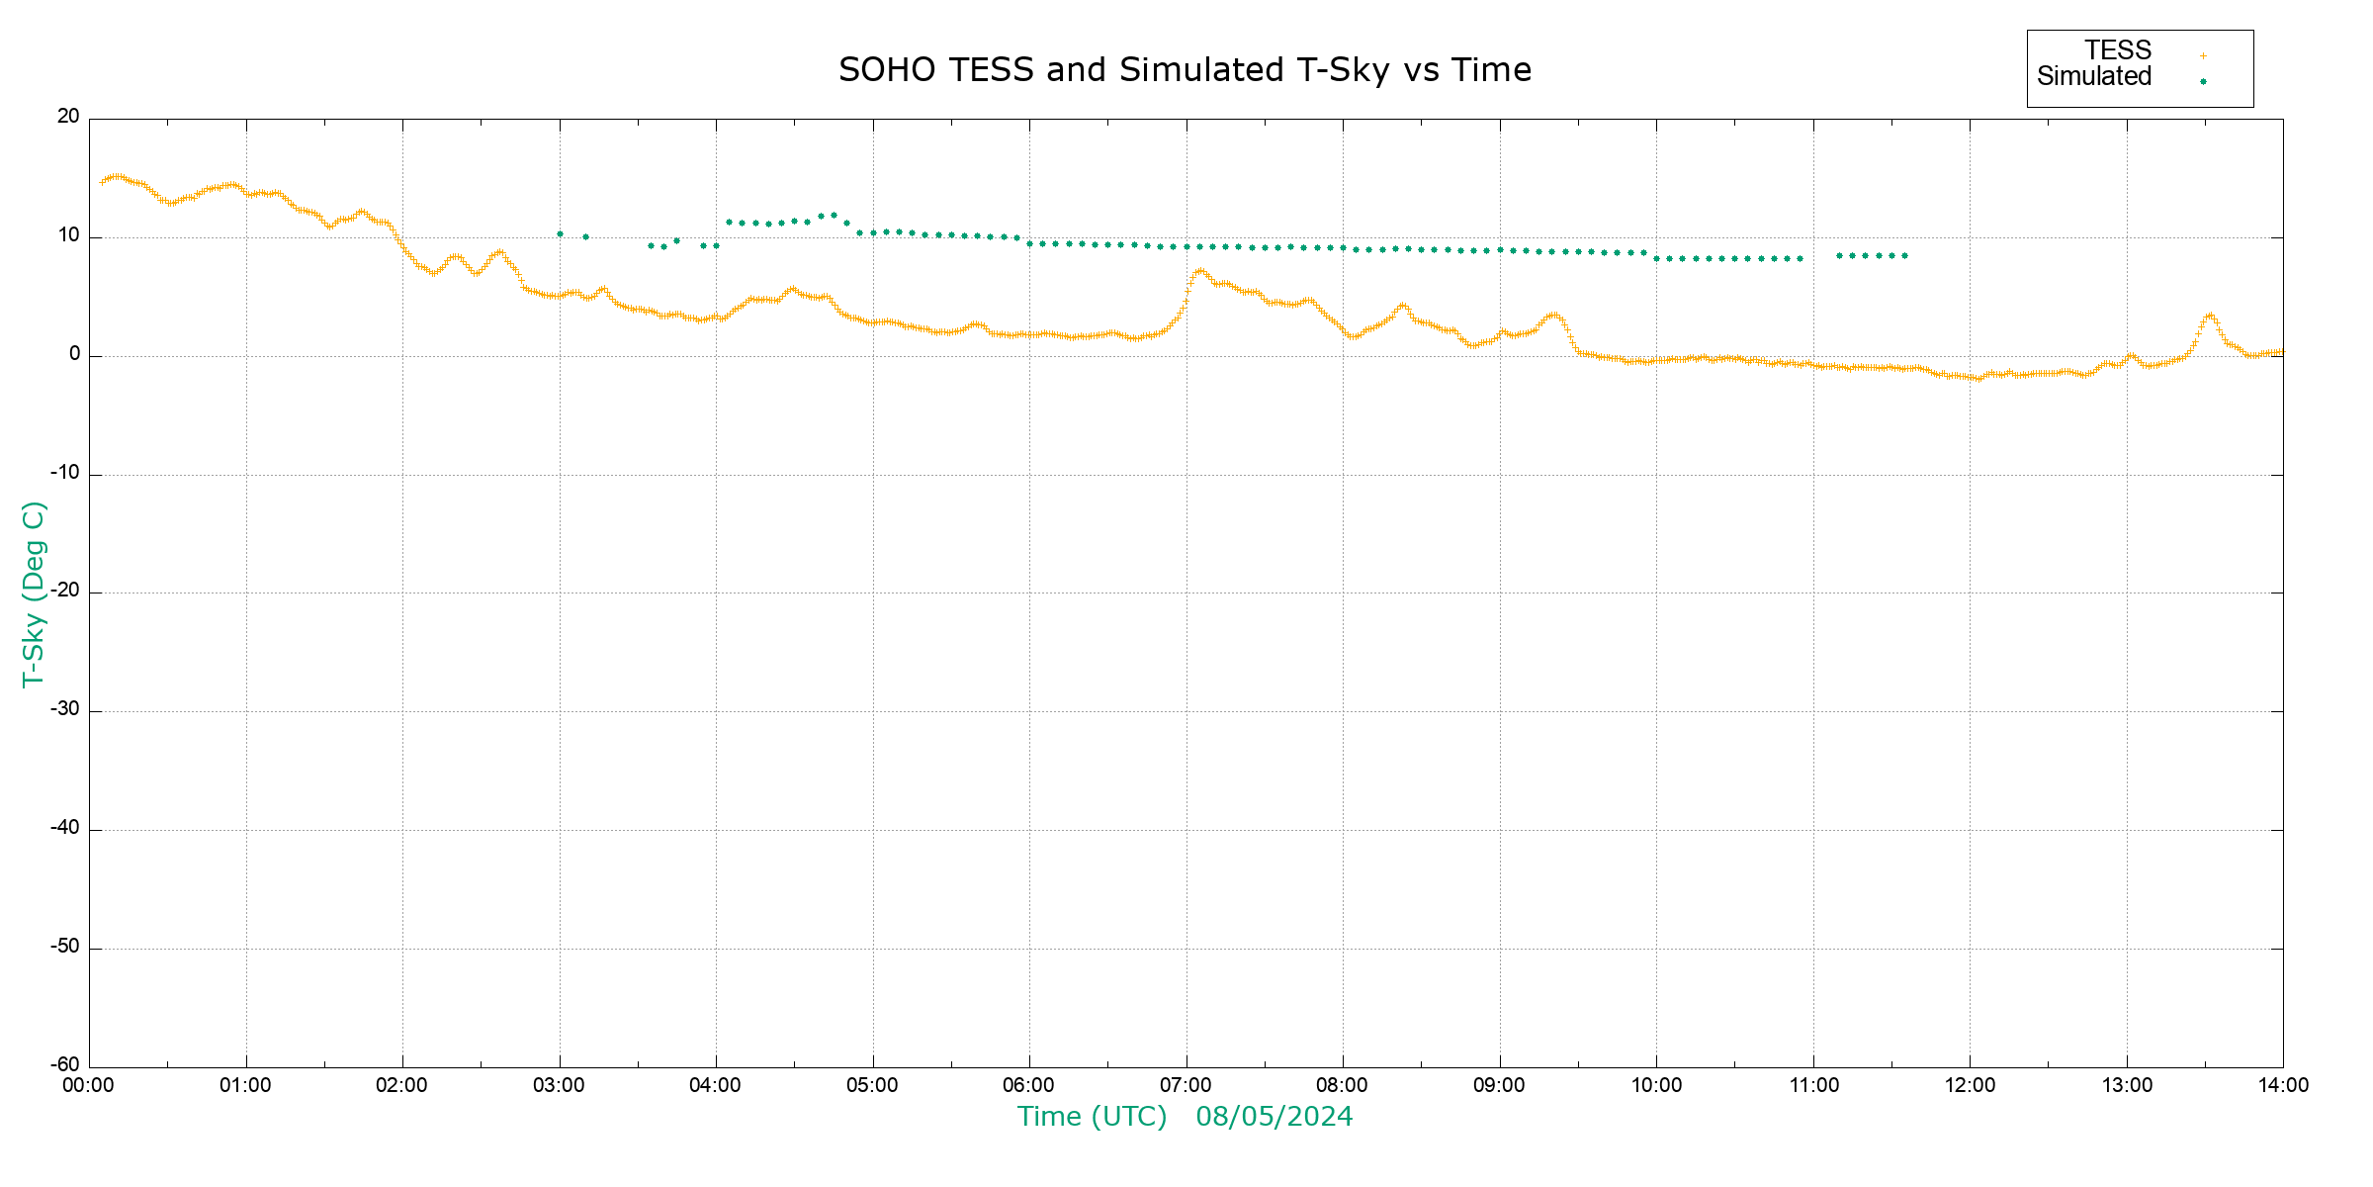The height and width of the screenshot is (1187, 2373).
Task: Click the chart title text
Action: click(1185, 70)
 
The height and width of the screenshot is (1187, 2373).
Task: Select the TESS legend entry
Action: click(2118, 50)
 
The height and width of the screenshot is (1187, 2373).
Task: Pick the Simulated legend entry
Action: click(2094, 77)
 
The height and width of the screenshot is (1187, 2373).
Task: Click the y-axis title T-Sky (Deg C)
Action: click(34, 593)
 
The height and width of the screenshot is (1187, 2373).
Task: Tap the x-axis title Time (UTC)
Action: click(1092, 1117)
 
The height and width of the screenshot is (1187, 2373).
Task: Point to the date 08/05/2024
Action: click(1274, 1117)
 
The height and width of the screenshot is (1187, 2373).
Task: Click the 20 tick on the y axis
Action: click(68, 117)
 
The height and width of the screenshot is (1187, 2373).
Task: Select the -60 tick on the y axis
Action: click(65, 1065)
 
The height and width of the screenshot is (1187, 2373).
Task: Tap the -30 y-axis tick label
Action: click(65, 710)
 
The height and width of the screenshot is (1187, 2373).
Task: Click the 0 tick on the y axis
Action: click(75, 354)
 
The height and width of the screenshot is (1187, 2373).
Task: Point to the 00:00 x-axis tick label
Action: click(89, 1086)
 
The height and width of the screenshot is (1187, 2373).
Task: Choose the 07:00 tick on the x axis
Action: click(1186, 1086)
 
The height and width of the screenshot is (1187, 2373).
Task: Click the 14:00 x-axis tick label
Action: click(2283, 1086)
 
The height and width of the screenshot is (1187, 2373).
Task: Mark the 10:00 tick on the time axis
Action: click(1656, 1086)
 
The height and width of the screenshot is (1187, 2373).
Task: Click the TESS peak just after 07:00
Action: click(1200, 270)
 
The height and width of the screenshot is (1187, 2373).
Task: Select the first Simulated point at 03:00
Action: click(560, 234)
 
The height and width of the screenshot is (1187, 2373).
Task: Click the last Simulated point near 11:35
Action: click(1904, 256)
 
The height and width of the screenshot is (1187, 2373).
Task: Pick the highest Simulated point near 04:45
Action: click(834, 215)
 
